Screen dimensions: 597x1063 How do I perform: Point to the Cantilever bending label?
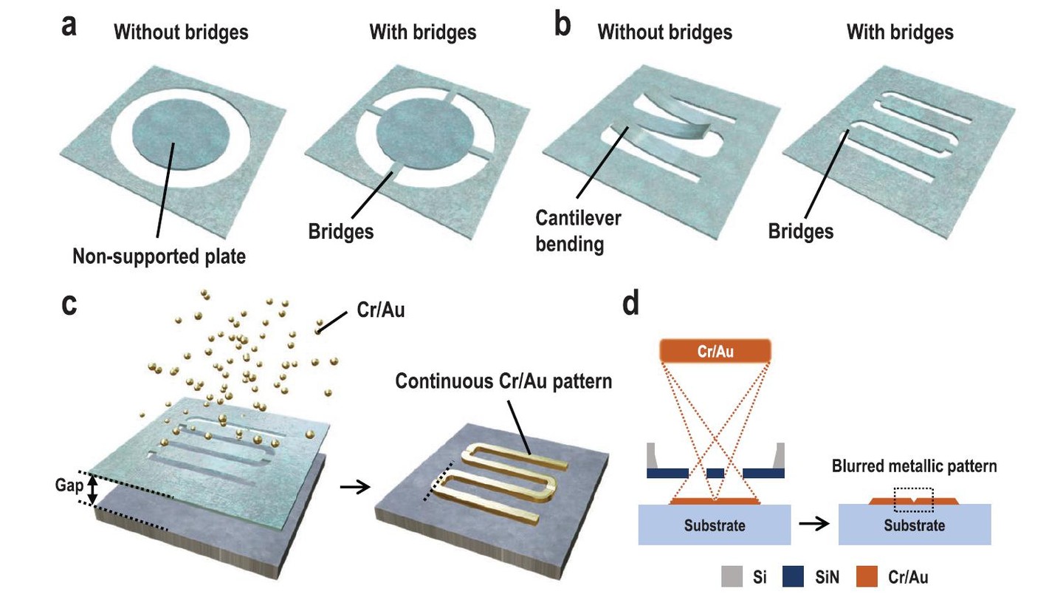[579, 231]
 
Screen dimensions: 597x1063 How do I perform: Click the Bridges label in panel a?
[341, 231]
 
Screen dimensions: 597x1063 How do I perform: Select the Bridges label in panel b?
[801, 231]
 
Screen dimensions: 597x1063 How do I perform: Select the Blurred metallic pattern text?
[915, 466]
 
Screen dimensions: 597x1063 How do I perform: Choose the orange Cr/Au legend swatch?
[878, 576]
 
